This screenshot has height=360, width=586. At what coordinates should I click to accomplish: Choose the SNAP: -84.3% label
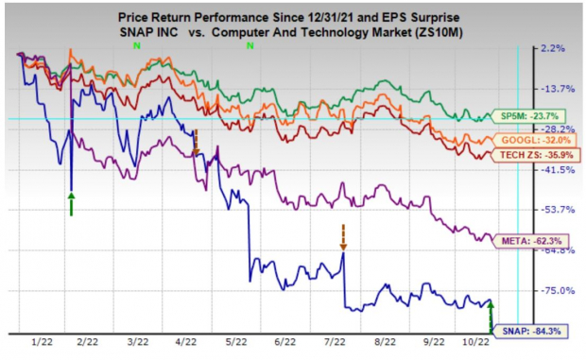(x=526, y=330)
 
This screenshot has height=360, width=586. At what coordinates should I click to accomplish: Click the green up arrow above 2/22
(x=71, y=202)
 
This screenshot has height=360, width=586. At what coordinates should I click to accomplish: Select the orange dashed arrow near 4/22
(x=196, y=142)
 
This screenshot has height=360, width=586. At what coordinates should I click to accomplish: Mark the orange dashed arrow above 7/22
(x=343, y=238)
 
